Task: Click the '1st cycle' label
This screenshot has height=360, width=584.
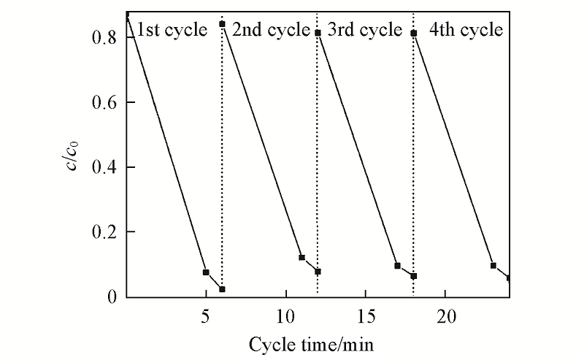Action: click(172, 31)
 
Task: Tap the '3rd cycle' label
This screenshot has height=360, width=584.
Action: click(365, 31)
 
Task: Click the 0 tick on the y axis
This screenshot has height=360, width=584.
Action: click(112, 297)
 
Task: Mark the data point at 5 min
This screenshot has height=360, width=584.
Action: click(206, 272)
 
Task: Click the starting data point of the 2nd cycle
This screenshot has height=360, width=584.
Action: click(222, 24)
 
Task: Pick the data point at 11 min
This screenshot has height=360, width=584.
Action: click(301, 258)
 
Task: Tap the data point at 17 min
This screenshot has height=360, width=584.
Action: click(397, 266)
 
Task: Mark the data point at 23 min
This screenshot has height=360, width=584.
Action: click(493, 266)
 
